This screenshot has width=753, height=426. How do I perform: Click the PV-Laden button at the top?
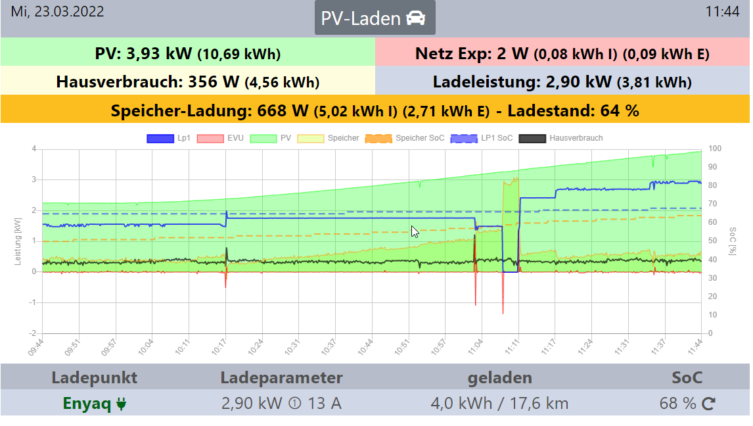(x=375, y=18)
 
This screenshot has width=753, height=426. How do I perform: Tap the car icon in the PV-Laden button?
(x=415, y=18)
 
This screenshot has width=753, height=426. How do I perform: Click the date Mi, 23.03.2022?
(x=57, y=12)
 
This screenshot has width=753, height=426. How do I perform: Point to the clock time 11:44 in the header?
(x=722, y=12)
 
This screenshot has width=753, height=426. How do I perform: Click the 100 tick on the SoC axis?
(x=714, y=149)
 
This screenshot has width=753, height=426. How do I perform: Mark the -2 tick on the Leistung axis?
(x=33, y=333)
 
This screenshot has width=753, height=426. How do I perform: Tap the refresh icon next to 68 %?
(x=708, y=404)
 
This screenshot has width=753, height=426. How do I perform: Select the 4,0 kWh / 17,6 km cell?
(x=499, y=403)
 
